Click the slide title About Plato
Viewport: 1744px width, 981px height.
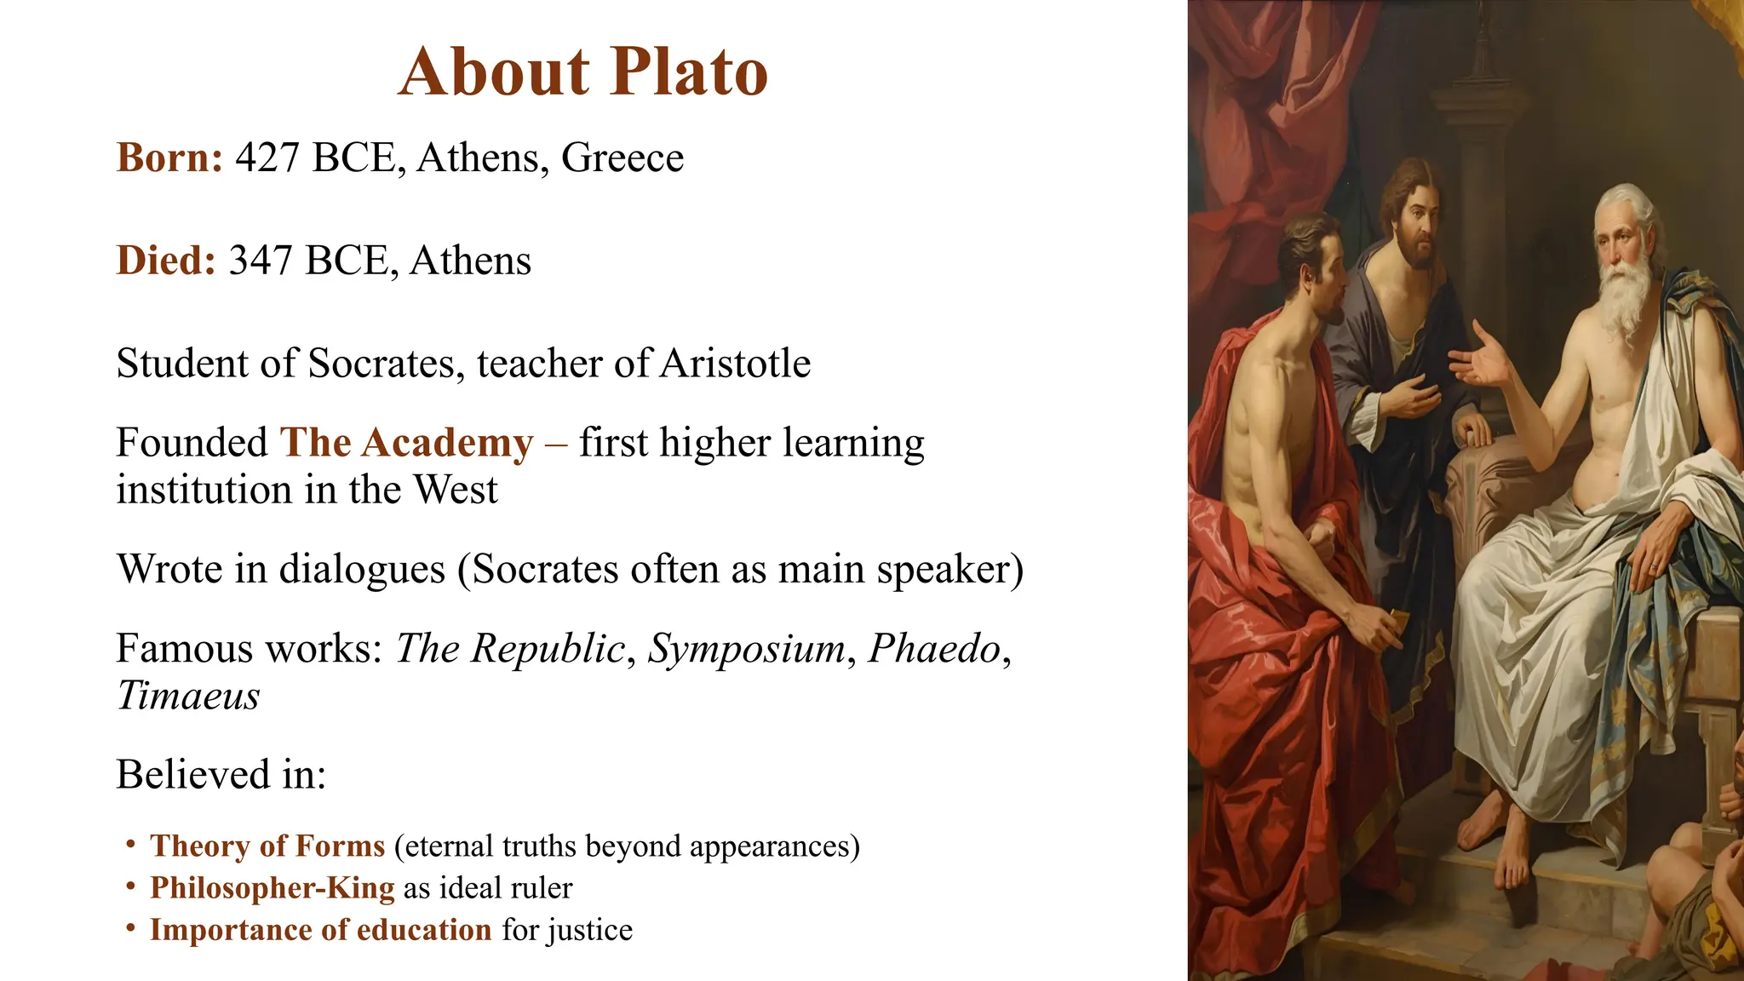coord(583,72)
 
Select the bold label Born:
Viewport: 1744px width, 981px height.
coord(169,158)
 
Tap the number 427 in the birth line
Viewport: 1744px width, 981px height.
coord(267,158)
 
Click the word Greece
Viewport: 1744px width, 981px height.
coord(622,158)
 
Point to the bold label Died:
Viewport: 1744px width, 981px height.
coord(166,261)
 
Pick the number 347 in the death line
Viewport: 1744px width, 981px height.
coord(261,261)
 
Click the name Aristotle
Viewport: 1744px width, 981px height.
coord(735,364)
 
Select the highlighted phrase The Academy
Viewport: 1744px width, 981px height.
coord(406,444)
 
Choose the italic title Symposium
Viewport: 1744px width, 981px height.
coord(746,649)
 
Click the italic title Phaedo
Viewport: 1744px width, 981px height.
coord(934,649)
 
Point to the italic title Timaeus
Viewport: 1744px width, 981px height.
coord(188,697)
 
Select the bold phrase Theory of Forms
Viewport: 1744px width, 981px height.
coord(267,846)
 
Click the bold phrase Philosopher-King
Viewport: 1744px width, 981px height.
coord(272,888)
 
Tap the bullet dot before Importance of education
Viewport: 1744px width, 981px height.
coord(130,927)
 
